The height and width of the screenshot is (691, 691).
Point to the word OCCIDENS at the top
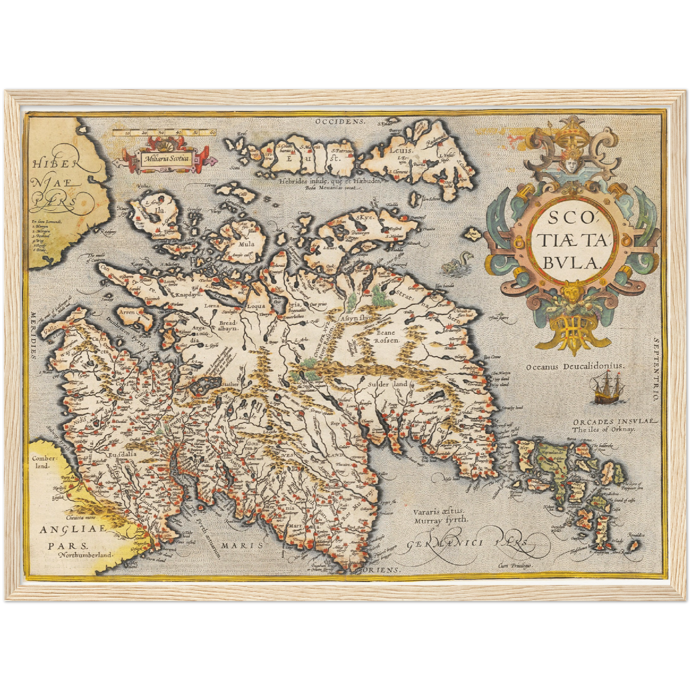point(340,122)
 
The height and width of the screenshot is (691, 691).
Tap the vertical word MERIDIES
point(34,335)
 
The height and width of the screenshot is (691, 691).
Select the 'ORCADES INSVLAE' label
point(614,422)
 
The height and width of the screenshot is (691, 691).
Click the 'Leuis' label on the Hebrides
point(397,149)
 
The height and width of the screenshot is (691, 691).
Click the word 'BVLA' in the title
point(570,262)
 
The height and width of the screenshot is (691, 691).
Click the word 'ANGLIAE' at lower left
point(66,530)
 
